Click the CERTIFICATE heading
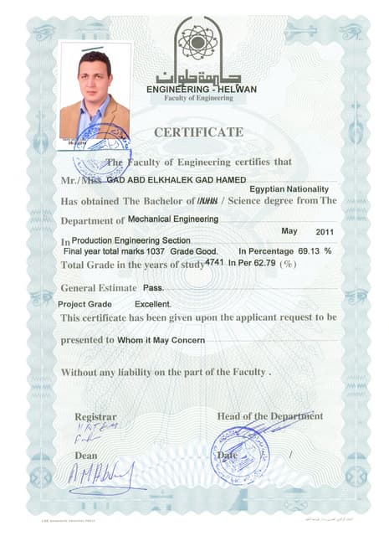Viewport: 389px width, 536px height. [198, 132]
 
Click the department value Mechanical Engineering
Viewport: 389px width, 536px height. [173, 219]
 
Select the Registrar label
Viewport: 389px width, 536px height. [95, 416]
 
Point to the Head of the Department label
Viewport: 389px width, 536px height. [269, 416]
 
